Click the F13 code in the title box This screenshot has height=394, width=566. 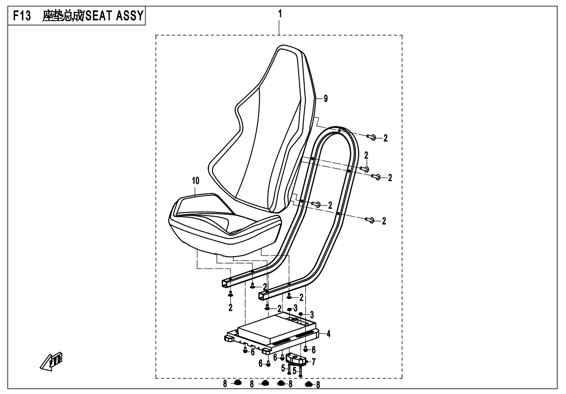22,16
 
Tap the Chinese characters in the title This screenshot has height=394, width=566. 62,16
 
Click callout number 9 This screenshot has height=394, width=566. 326,98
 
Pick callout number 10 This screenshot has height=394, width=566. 196,180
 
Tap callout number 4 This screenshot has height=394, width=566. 328,334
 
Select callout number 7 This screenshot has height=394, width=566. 313,361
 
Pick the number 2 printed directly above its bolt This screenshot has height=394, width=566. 366,156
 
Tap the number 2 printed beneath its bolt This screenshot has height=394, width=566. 231,307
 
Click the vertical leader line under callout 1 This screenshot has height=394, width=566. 280,27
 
